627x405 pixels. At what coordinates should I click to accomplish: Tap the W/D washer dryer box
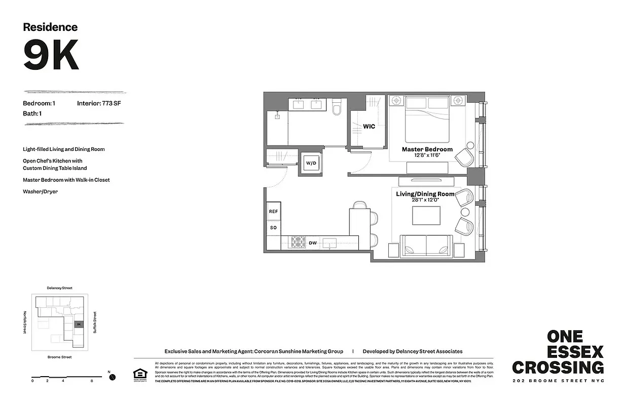(310, 163)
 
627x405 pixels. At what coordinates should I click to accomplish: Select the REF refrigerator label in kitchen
(273, 212)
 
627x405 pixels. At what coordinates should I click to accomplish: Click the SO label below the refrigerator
(273, 228)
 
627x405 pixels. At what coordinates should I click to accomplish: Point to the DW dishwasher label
(313, 244)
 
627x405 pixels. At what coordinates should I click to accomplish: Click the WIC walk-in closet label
(369, 127)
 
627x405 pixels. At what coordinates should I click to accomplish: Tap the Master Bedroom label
(427, 149)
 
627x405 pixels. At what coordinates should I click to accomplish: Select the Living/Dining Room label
(425, 194)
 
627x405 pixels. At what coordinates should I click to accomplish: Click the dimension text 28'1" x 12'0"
(425, 200)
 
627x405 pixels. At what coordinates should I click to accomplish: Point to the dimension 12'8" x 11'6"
(427, 155)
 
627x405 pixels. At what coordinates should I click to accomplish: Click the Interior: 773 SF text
(99, 103)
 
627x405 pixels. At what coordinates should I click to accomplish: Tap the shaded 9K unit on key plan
(78, 325)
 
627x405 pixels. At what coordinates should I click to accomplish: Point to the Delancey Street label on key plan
(59, 288)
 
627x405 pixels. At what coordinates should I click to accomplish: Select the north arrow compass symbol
(113, 377)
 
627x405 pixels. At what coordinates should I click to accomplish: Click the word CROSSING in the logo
(558, 367)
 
